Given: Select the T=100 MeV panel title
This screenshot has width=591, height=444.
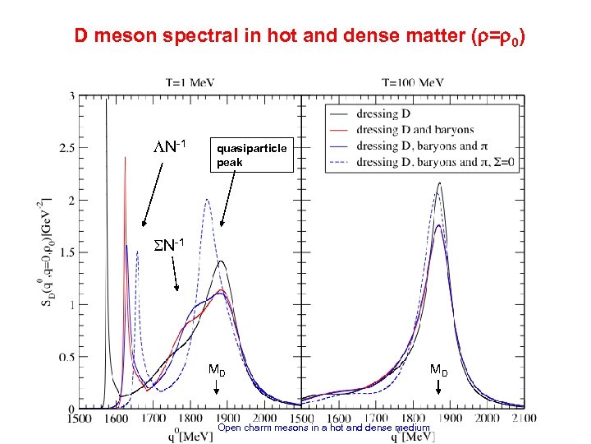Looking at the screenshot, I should [x=414, y=82].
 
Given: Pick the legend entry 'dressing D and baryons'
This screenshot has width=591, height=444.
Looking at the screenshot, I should [x=415, y=130].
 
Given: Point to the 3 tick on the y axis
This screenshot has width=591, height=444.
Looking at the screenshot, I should [x=71, y=96].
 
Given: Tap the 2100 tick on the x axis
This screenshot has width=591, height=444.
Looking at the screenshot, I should [x=524, y=419].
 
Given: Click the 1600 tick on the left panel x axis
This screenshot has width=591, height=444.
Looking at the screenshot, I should [x=116, y=419].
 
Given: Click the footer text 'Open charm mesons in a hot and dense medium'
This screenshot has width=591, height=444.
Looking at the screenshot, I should [x=323, y=428].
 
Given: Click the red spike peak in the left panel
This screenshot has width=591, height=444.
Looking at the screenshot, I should [x=125, y=160].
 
